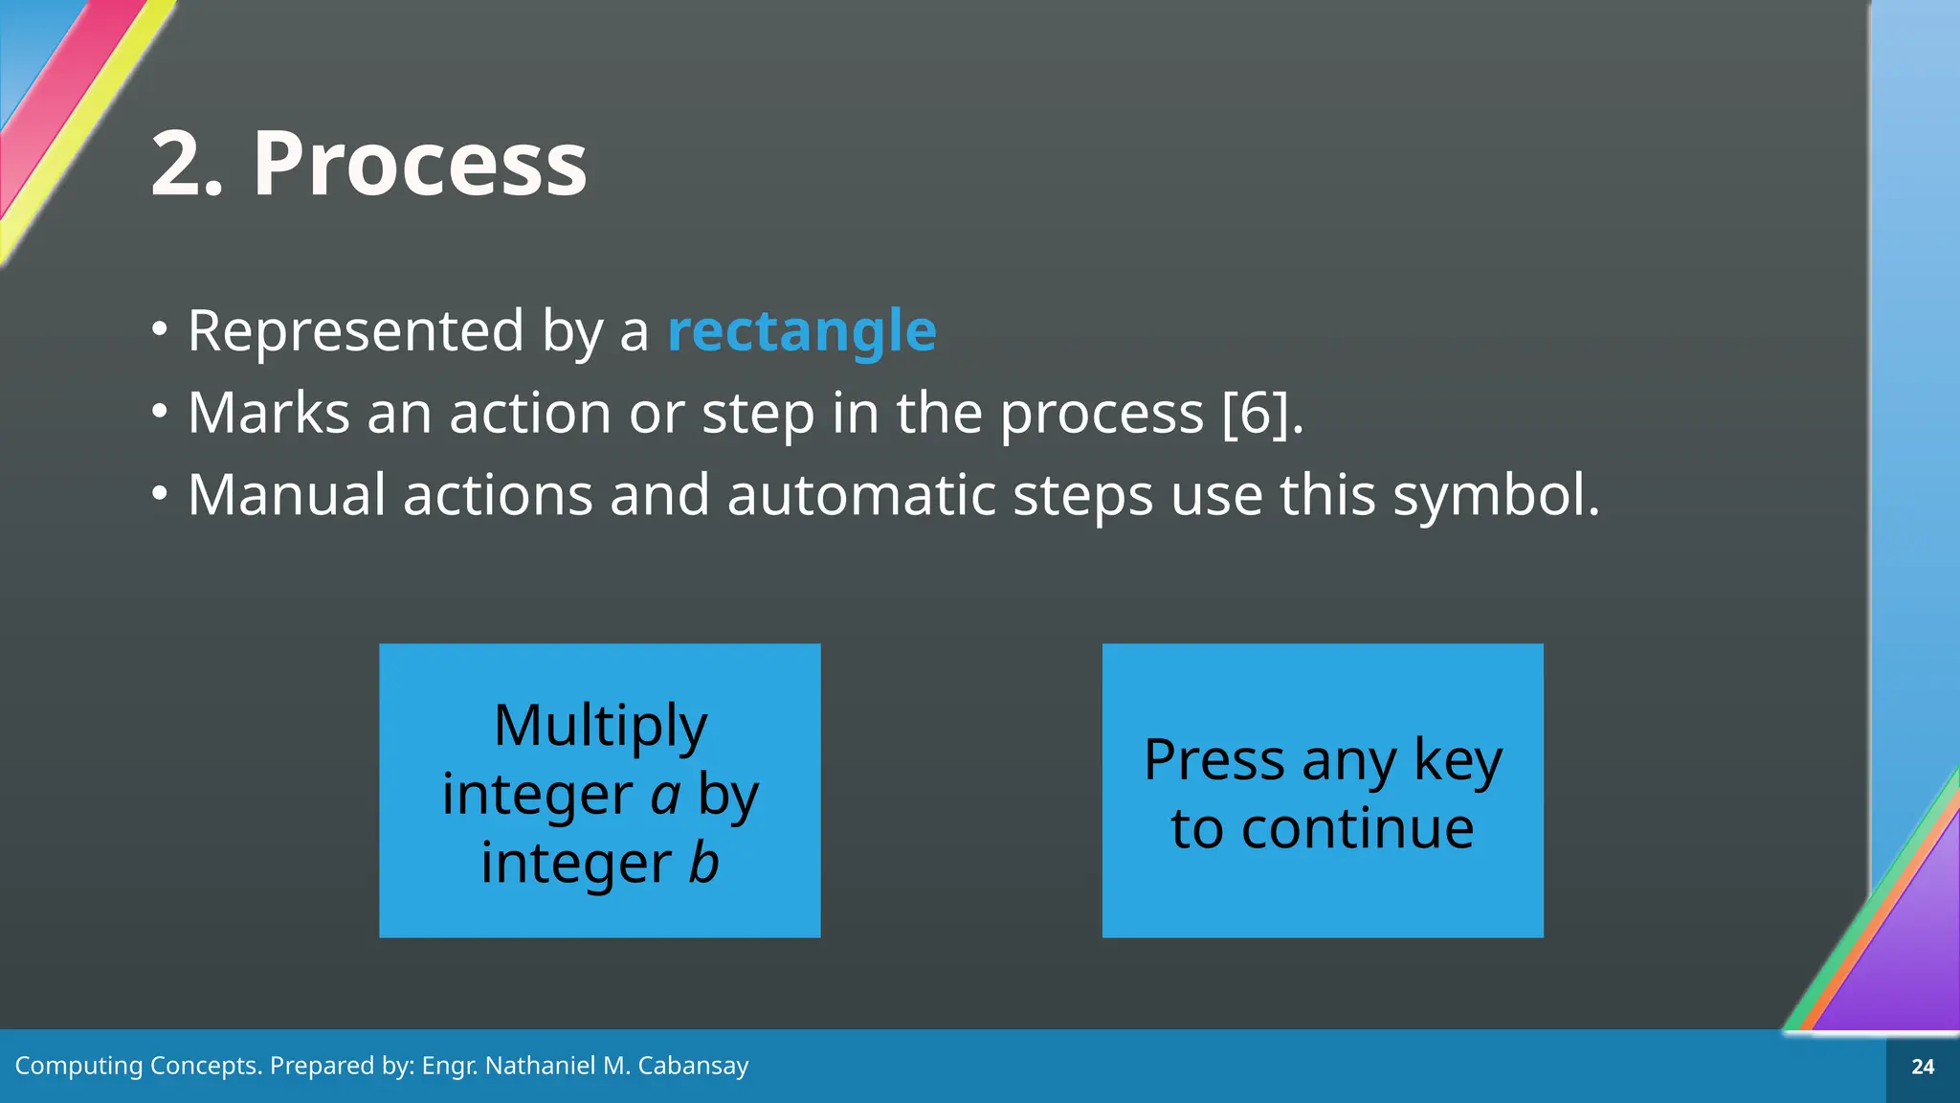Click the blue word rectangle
pos(801,331)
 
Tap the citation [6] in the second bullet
pos(1255,414)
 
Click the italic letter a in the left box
pos(665,796)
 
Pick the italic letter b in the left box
pos(703,863)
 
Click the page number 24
pos(1923,1067)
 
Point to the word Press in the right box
pos(1214,762)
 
